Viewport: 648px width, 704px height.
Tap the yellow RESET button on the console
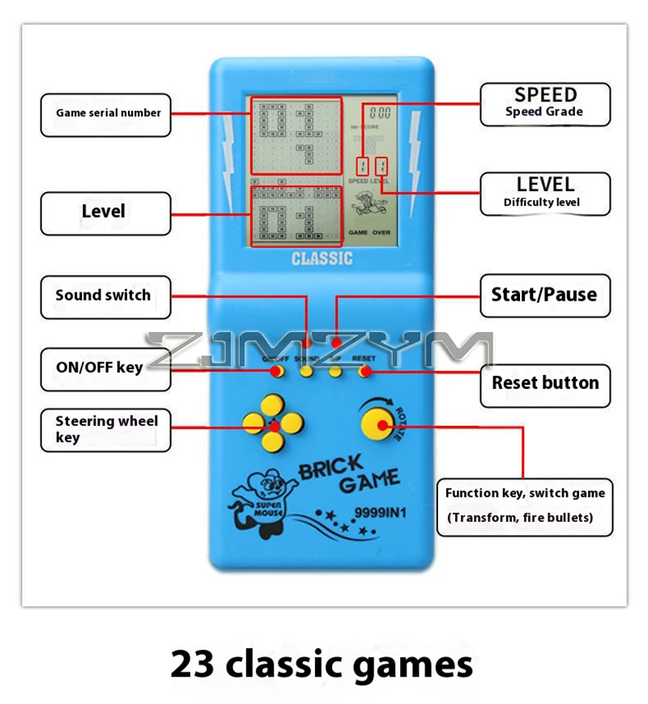pyautogui.click(x=364, y=372)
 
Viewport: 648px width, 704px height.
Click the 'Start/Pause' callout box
pyautogui.click(x=544, y=295)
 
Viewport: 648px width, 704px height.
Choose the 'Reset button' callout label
pyautogui.click(x=545, y=383)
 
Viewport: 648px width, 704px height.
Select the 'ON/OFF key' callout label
pyautogui.click(x=99, y=367)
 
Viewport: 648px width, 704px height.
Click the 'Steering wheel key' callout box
pyautogui.click(x=105, y=429)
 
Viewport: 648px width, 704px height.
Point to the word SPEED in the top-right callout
pyautogui.click(x=546, y=95)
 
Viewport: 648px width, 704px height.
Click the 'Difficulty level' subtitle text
pyautogui.click(x=542, y=203)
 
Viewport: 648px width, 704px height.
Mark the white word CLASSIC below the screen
pyautogui.click(x=322, y=259)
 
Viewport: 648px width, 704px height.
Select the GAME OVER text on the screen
pyautogui.click(x=369, y=233)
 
